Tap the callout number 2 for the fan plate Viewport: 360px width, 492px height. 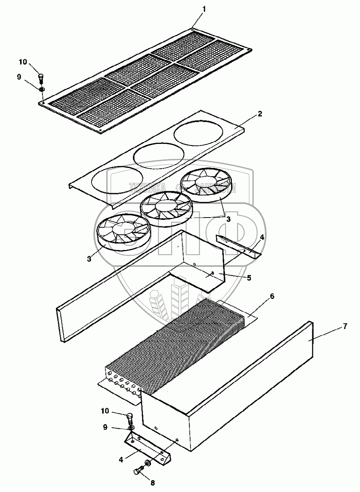(260, 114)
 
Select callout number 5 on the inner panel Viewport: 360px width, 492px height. (249, 278)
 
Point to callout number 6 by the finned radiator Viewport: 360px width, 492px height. (272, 296)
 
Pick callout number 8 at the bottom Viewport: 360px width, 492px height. (153, 483)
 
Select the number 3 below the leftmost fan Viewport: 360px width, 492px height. (89, 258)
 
